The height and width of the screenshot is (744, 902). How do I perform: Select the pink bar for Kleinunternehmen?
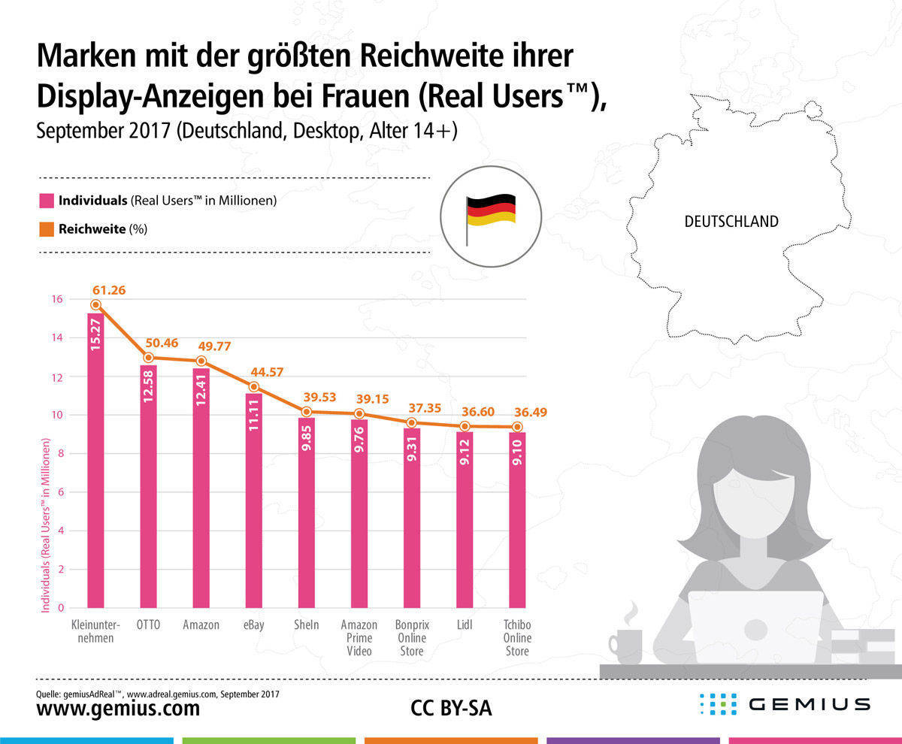(x=95, y=466)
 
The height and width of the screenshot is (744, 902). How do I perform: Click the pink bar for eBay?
(x=253, y=504)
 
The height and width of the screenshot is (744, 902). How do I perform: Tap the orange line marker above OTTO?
(x=148, y=358)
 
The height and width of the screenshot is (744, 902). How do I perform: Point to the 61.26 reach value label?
(x=107, y=289)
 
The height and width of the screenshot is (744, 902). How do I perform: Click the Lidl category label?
(x=465, y=625)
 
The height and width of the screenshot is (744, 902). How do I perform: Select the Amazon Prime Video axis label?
(x=359, y=637)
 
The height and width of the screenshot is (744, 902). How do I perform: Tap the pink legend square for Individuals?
(x=47, y=201)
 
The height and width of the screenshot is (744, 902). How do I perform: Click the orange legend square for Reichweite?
(x=47, y=228)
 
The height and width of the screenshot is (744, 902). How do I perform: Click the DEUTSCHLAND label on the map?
(x=731, y=222)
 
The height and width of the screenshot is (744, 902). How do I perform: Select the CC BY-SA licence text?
(x=451, y=708)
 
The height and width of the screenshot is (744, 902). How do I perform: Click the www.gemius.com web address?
(x=118, y=708)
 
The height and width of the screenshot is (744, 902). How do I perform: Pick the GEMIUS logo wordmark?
(x=810, y=705)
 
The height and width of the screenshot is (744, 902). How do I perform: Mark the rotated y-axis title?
(x=46, y=526)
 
